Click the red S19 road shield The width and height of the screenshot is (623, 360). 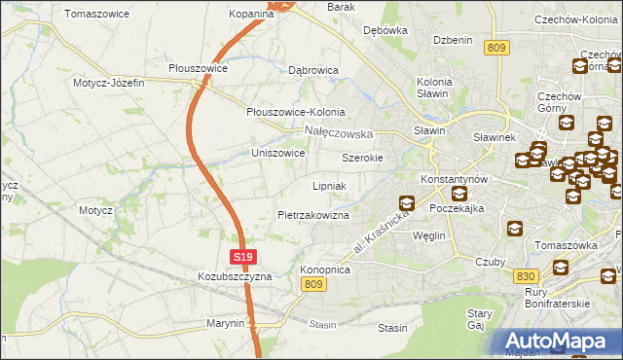[x=244, y=257]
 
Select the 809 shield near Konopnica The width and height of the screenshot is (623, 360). [x=311, y=283]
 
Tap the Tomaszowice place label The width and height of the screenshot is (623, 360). [x=96, y=15]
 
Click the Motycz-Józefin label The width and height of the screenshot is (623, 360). [x=108, y=83]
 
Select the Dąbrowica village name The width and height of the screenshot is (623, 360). [x=313, y=70]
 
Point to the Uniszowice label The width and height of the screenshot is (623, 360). [x=278, y=154]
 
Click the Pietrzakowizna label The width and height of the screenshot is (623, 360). [x=313, y=214]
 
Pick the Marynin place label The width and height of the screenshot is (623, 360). [x=225, y=323]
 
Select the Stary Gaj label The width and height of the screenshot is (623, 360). [x=479, y=319]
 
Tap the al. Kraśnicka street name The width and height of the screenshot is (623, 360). [x=379, y=234]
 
